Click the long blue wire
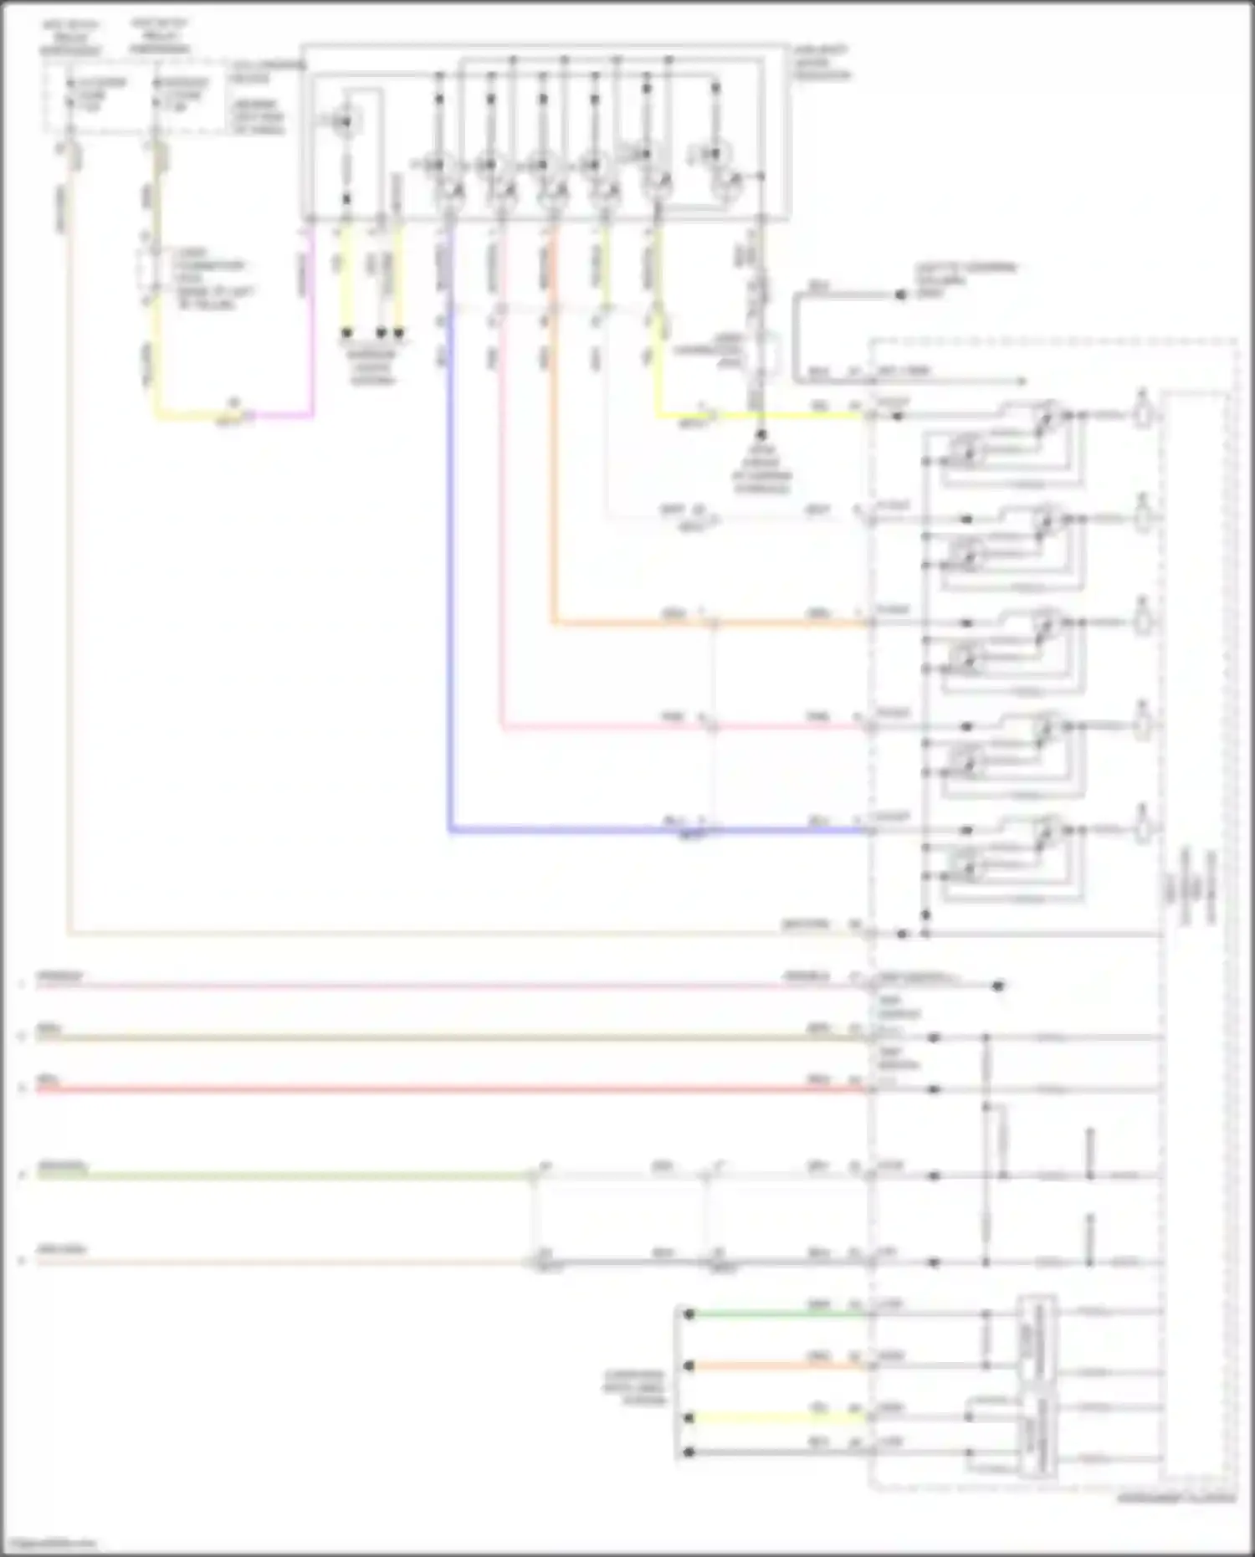(x=450, y=586)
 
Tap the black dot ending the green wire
(x=689, y=1314)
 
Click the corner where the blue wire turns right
(x=450, y=830)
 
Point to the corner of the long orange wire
(x=553, y=623)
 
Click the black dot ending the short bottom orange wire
(x=689, y=1366)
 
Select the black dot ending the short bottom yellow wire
(x=689, y=1418)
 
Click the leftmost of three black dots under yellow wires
(x=346, y=333)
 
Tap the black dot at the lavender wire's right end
(x=997, y=986)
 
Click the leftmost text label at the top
(x=70, y=38)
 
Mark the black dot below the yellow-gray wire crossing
(x=761, y=436)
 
